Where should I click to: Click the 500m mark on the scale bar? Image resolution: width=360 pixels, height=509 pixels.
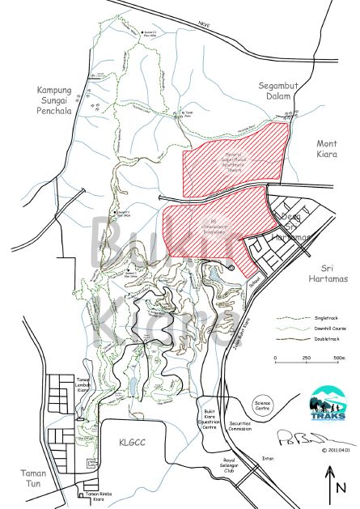point(337,358)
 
